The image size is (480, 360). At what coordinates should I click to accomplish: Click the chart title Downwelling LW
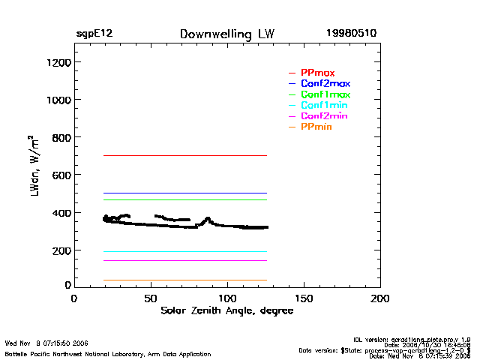click(x=226, y=34)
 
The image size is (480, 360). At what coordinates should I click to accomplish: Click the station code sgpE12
click(x=94, y=34)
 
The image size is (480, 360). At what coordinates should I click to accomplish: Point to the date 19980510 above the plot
click(x=351, y=34)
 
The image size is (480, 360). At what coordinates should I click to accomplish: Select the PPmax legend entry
click(x=317, y=73)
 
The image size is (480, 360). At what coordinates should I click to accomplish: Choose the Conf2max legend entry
click(x=325, y=83)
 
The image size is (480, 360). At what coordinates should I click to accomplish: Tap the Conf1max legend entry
click(x=325, y=94)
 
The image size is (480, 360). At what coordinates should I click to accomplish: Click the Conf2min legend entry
click(x=323, y=116)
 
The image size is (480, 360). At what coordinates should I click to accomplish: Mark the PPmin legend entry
click(x=316, y=127)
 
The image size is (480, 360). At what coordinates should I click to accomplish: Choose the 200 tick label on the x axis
click(x=380, y=298)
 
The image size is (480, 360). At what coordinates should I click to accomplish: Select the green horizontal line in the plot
click(x=184, y=199)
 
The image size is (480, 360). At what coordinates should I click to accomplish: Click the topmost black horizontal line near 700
click(x=184, y=155)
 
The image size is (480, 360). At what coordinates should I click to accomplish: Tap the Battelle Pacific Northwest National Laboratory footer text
click(x=108, y=354)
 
